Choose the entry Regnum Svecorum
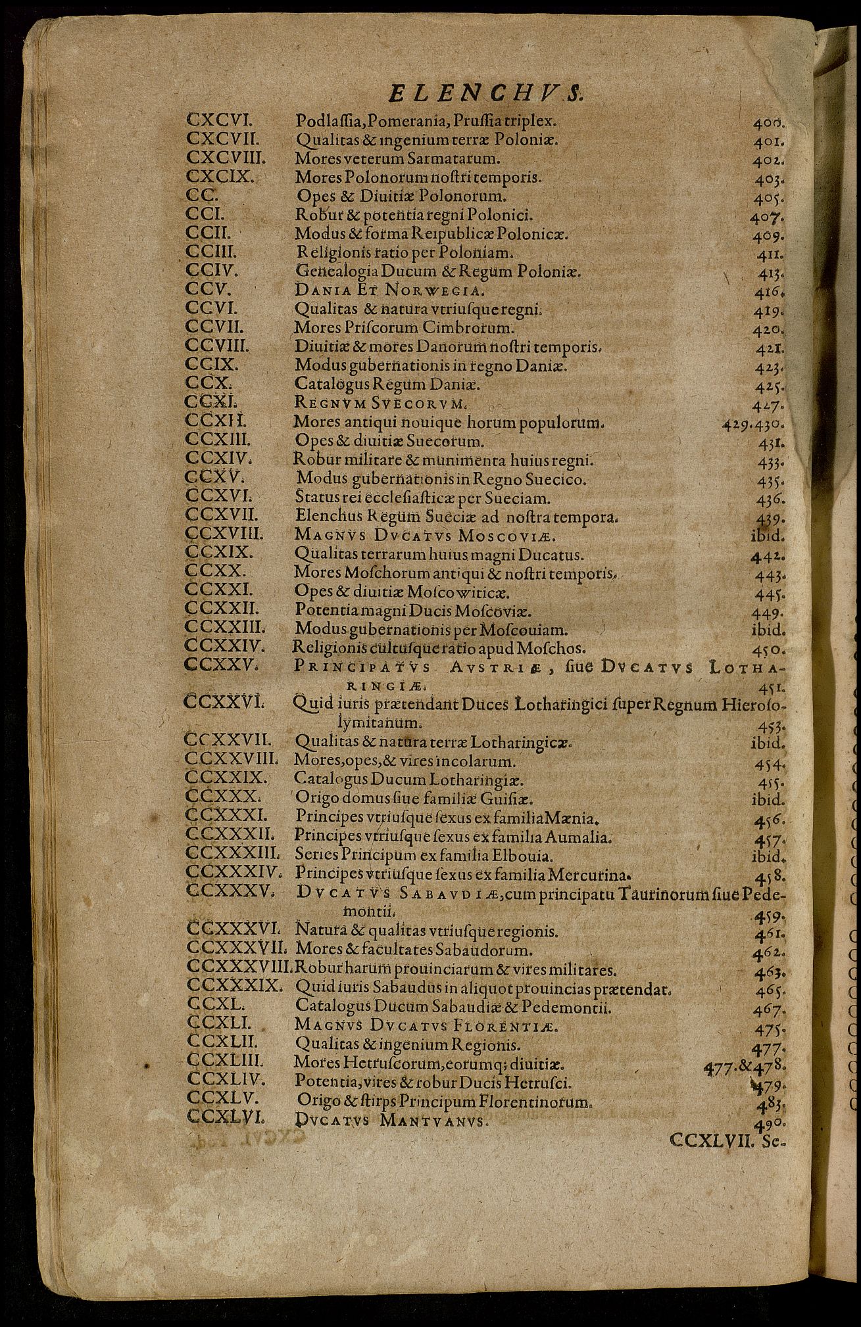coord(381,402)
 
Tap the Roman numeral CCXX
coord(216,570)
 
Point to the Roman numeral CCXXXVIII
coord(239,968)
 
